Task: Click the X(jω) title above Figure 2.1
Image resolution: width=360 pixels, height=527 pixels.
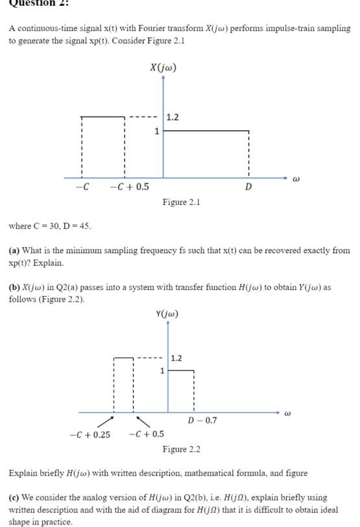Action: (x=163, y=67)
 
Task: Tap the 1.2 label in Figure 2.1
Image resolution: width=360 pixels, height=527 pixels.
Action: (x=173, y=117)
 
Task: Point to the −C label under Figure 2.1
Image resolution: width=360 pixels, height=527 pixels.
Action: (x=82, y=187)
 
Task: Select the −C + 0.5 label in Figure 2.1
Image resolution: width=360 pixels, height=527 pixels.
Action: (x=129, y=187)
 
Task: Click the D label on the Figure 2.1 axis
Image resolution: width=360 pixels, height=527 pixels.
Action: (x=248, y=187)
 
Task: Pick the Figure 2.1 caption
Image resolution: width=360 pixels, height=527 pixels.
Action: (x=181, y=202)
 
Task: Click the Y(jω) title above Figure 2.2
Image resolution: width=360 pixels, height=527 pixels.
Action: (x=167, y=314)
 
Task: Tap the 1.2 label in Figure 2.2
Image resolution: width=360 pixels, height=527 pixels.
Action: (x=176, y=358)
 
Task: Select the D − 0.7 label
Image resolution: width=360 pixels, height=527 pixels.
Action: (x=202, y=421)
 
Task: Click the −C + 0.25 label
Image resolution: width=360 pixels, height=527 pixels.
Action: (x=90, y=434)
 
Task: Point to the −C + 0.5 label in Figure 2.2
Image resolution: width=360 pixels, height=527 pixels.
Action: (x=146, y=434)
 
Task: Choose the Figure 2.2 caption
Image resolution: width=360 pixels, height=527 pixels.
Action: (x=181, y=449)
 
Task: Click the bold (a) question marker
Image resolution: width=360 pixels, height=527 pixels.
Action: (x=14, y=250)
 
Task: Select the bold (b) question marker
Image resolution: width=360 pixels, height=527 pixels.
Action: (x=14, y=287)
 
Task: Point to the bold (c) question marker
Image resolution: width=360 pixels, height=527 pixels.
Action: (x=14, y=497)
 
